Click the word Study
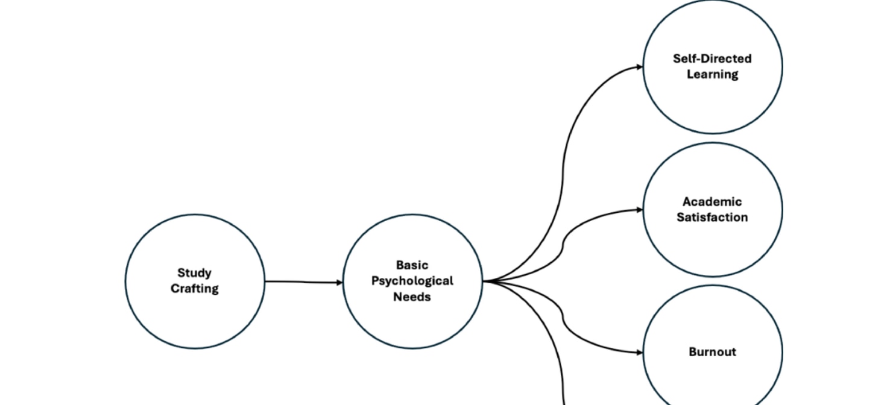click(194, 273)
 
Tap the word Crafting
click(194, 289)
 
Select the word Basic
click(412, 265)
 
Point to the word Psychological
click(412, 281)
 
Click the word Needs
click(412, 297)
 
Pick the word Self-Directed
click(712, 58)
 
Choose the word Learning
click(712, 74)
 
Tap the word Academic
click(712, 202)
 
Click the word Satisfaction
click(712, 218)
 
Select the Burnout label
click(712, 352)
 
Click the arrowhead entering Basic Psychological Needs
click(339, 282)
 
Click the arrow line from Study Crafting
click(301, 281)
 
